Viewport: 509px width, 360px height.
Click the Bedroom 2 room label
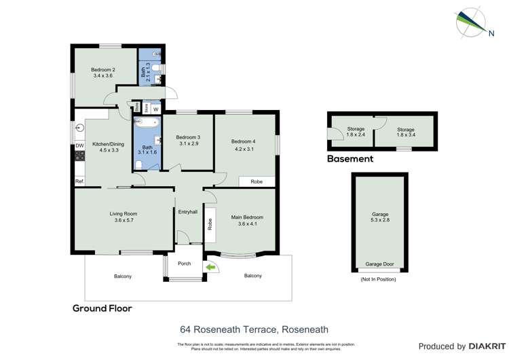(x=104, y=69)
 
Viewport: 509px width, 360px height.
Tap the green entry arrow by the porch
(x=211, y=268)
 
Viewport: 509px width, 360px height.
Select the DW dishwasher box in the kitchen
(x=79, y=145)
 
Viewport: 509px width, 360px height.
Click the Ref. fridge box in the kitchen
(x=79, y=181)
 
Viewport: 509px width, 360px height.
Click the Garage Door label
(x=379, y=264)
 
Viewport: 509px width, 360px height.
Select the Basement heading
(x=350, y=159)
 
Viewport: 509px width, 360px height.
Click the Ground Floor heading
(x=102, y=308)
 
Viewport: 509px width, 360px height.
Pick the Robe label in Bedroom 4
(x=257, y=182)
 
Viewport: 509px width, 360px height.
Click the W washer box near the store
(x=155, y=109)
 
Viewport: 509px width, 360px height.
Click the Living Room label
(x=124, y=214)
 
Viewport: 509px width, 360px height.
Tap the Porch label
(x=184, y=264)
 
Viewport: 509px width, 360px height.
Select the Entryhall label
(x=188, y=212)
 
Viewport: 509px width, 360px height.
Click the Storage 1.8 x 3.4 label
(x=405, y=132)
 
